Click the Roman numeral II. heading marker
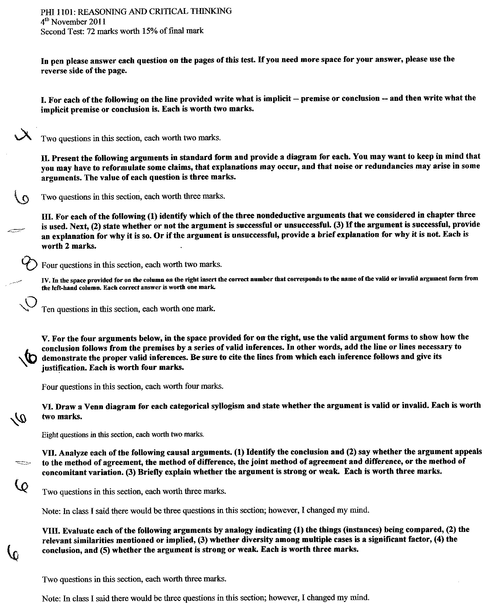point(45,158)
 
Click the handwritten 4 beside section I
point(23,137)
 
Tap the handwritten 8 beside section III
point(29,263)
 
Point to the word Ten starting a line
point(48,309)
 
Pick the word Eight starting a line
point(50,435)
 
